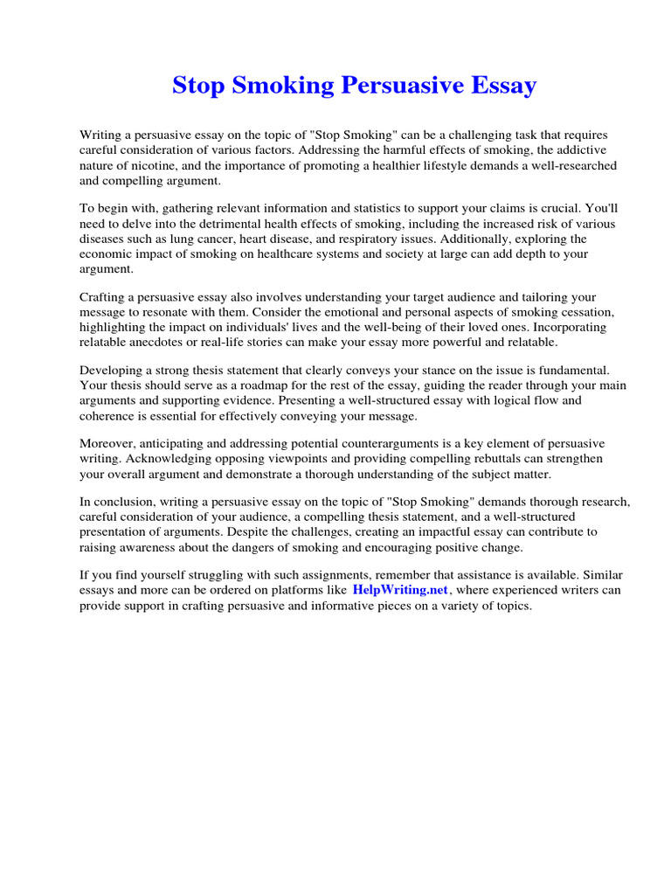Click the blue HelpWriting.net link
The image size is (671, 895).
400,590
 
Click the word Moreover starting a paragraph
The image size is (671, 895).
107,444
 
